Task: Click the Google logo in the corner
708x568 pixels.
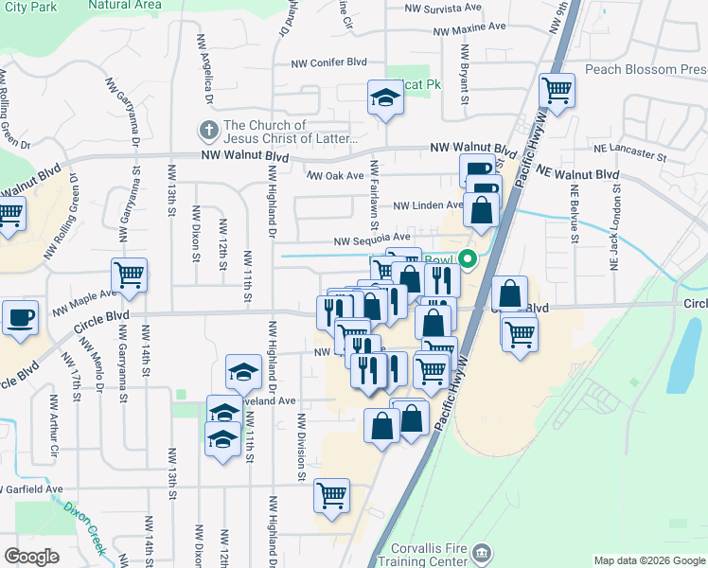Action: tap(31, 557)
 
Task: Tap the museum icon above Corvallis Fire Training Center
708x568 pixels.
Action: tap(482, 552)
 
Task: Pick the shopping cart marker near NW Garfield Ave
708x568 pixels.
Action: tap(332, 496)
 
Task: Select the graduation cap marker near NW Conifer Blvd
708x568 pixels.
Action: tap(385, 97)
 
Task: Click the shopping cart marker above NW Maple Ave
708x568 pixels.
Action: tap(129, 275)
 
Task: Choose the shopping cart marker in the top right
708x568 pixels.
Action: tap(557, 91)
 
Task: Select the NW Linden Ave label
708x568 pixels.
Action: tap(428, 205)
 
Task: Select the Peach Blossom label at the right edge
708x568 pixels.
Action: tap(644, 69)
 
